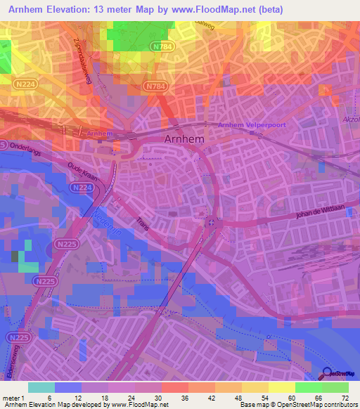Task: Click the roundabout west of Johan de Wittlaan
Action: [212, 223]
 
